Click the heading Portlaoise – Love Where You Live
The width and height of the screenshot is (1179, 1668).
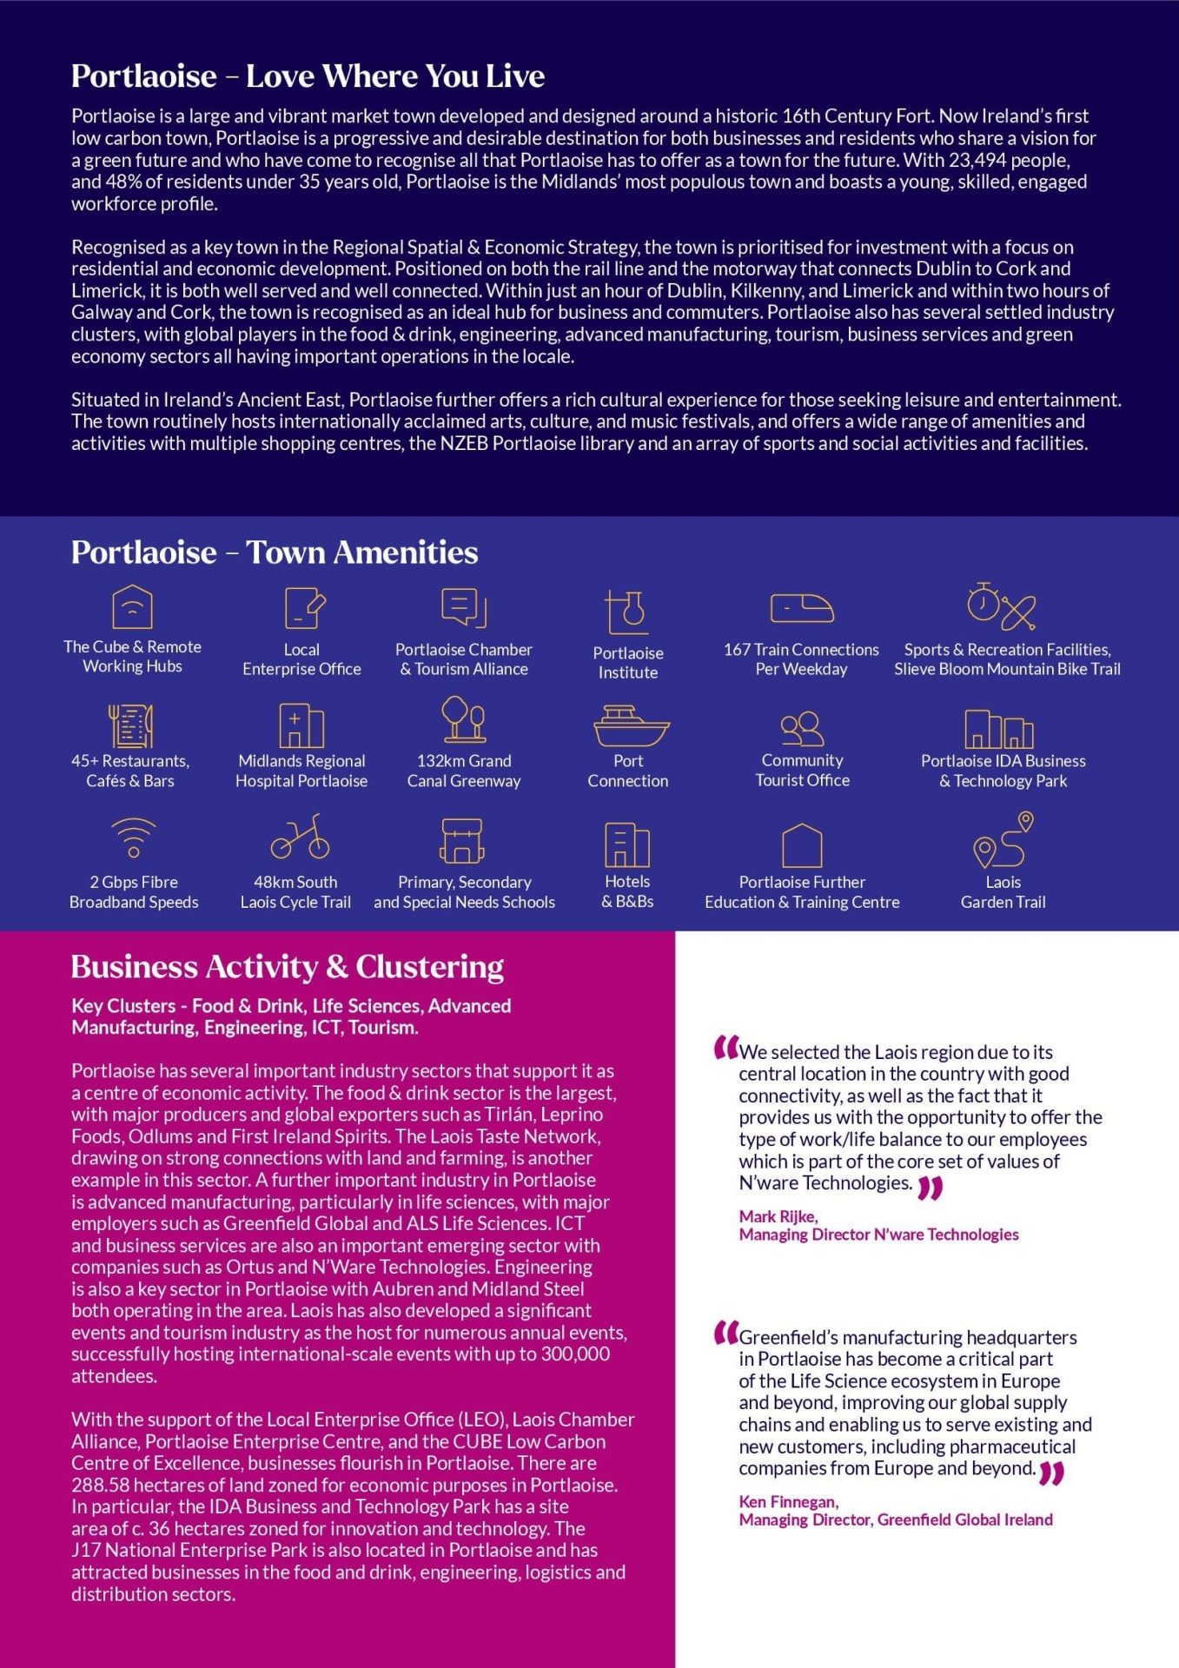click(x=308, y=76)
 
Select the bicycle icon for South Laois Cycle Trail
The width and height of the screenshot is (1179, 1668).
click(x=300, y=837)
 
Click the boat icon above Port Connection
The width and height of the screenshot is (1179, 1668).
click(x=631, y=726)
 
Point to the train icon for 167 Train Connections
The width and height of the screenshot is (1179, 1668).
click(x=801, y=608)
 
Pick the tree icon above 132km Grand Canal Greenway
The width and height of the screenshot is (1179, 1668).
click(x=464, y=719)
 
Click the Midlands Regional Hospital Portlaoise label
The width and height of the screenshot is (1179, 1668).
click(x=301, y=771)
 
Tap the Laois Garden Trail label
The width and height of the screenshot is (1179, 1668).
click(x=1003, y=892)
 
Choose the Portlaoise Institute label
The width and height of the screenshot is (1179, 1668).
click(x=628, y=663)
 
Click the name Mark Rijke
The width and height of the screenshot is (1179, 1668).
click(x=778, y=1216)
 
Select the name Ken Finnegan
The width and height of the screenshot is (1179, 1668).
click(x=788, y=1501)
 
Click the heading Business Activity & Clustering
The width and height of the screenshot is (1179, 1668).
click(x=288, y=967)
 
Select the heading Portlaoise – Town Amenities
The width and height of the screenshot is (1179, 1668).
click(x=275, y=553)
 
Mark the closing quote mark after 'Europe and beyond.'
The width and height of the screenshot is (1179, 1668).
click(x=1051, y=1473)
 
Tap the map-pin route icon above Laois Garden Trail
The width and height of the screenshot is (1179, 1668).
click(x=1003, y=840)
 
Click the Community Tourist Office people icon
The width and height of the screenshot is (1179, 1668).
click(x=802, y=728)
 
